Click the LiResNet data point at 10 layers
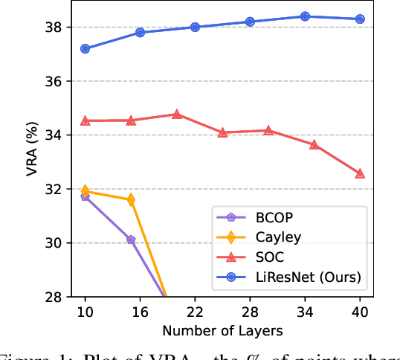[85, 48]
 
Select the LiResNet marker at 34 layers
[305, 16]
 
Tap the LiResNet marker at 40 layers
[360, 19]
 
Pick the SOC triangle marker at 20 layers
[177, 115]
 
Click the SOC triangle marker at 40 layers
[360, 173]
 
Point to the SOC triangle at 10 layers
[85, 120]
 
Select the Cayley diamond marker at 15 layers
[131, 199]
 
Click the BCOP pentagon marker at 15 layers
[131, 240]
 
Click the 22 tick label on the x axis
[195, 311]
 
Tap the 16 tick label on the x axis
[140, 311]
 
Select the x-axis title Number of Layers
[222, 329]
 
